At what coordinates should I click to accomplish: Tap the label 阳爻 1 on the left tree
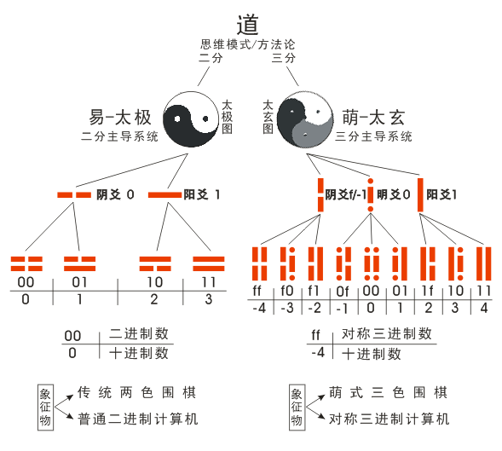pos(202,194)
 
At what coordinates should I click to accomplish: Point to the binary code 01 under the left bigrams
pos(79,282)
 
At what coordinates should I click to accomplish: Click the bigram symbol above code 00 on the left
pos(26,263)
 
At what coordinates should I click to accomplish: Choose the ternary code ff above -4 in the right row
pos(259,290)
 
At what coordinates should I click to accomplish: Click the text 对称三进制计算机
pos(389,419)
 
